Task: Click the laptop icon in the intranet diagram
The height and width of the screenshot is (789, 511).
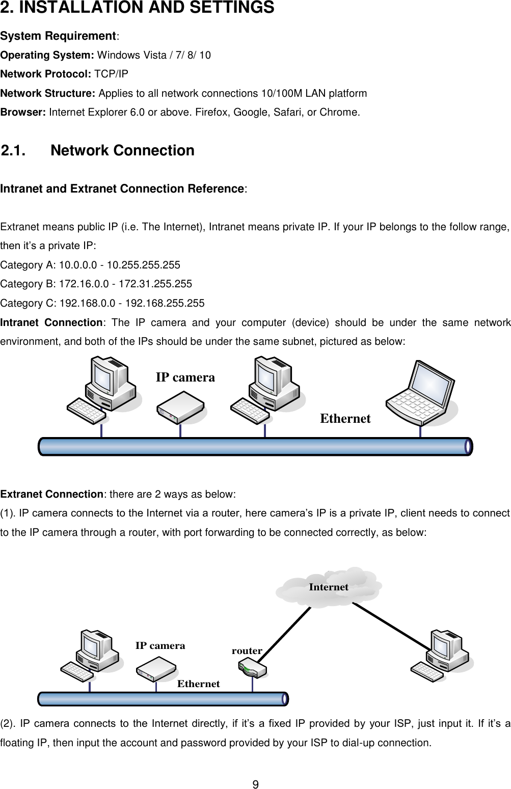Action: (421, 393)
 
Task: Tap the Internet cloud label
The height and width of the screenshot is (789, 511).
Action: (329, 587)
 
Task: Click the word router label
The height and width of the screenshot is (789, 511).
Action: (247, 650)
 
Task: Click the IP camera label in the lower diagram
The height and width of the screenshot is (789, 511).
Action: (160, 645)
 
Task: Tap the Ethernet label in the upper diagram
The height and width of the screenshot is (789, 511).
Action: (345, 419)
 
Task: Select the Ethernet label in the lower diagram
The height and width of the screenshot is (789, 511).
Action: (198, 684)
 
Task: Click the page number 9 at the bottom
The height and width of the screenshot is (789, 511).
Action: (256, 784)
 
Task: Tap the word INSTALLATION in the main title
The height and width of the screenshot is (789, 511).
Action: (70, 8)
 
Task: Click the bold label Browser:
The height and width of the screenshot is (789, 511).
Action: (23, 113)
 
